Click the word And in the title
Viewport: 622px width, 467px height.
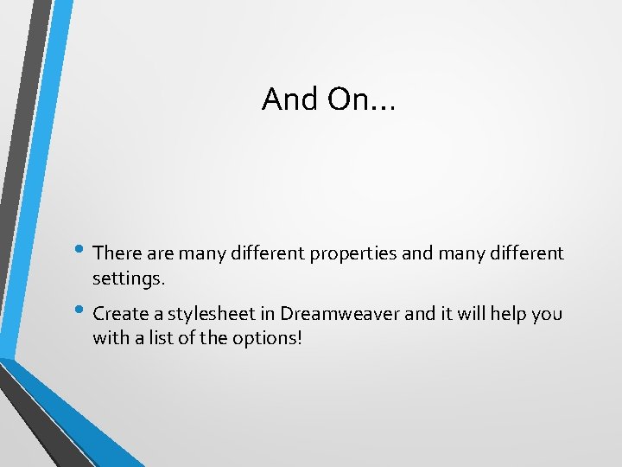(290, 99)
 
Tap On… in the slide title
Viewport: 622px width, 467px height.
(360, 99)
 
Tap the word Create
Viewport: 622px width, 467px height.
(119, 313)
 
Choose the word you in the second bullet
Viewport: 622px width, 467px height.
(547, 313)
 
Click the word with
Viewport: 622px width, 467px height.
(110, 338)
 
